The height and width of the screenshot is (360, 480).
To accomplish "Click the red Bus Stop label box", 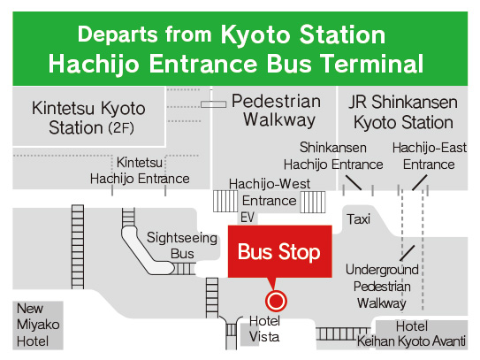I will [x=278, y=252].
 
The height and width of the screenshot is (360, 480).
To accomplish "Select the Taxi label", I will [x=359, y=218].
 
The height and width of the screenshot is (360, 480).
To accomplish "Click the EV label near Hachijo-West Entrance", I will [x=248, y=217].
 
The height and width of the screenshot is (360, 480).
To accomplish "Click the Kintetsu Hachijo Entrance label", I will [x=139, y=171].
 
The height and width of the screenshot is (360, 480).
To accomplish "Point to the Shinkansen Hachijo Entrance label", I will [x=333, y=157].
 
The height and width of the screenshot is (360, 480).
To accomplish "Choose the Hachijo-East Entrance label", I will [x=428, y=157].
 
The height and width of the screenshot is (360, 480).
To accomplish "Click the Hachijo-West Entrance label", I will [x=263, y=192].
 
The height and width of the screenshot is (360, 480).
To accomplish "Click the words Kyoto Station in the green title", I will [x=302, y=35].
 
